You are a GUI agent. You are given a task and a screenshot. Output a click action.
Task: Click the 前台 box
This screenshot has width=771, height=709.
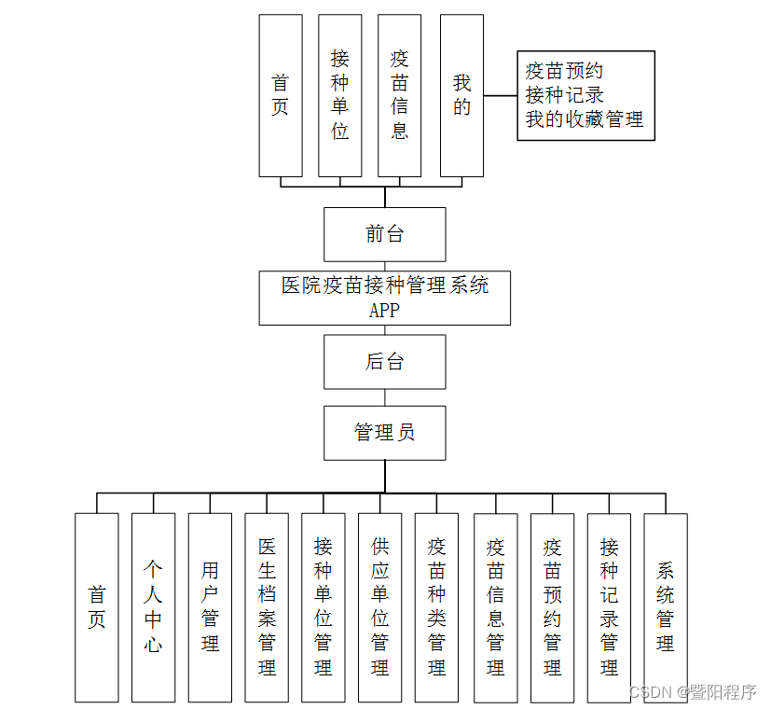point(384,234)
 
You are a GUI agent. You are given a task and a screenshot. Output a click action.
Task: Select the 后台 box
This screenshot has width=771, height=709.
point(384,362)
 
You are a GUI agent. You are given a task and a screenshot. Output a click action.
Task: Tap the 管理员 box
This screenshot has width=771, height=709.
point(384,432)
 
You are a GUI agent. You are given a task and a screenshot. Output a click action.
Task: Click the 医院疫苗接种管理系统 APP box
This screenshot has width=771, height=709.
point(384,298)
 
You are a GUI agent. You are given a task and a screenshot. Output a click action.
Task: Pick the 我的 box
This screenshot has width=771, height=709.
point(461,95)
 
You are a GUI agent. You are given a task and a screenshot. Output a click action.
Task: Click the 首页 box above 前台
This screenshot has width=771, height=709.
point(281,95)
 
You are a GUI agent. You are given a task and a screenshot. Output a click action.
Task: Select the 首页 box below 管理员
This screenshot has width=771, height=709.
point(97,607)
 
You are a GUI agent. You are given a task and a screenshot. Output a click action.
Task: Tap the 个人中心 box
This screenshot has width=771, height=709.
point(153,607)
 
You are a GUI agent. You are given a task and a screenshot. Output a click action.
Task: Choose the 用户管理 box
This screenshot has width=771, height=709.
point(210,607)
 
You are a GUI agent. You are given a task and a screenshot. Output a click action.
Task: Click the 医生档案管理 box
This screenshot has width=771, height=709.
point(267,607)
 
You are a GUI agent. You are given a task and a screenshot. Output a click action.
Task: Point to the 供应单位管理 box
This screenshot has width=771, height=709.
point(379,607)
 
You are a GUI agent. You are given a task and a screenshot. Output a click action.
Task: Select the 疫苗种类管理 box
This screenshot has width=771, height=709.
point(436,607)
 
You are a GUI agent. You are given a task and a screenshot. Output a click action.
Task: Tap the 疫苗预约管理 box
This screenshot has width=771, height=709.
point(553,607)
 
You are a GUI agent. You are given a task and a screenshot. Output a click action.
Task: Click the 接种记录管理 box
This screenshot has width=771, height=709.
point(609,607)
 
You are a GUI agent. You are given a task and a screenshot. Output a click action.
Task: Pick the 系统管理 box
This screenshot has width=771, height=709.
point(666,607)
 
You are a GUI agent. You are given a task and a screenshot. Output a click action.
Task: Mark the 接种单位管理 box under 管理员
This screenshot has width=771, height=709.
point(324,607)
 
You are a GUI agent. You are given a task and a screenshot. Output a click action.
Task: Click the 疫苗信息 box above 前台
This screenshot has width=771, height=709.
point(399,95)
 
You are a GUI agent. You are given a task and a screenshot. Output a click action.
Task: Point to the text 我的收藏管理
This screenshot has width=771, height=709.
point(584,119)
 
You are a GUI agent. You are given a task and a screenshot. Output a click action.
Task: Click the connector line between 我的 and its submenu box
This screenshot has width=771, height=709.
point(501,95)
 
